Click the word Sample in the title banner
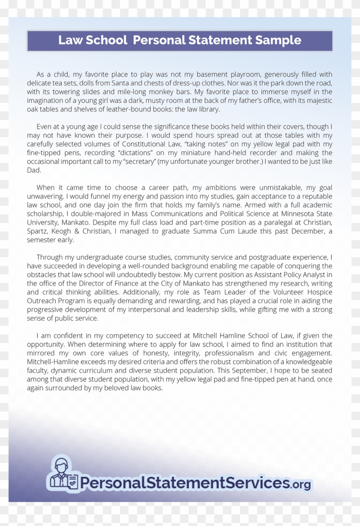279,40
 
